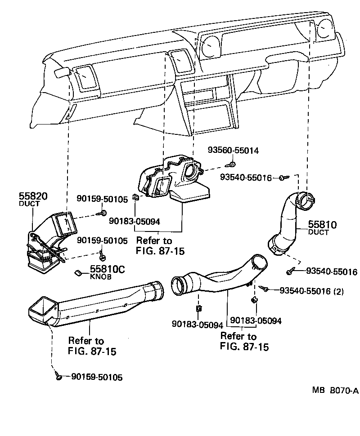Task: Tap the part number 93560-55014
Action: point(233,150)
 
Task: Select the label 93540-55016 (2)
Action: point(311,291)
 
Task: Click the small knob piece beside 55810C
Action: point(77,272)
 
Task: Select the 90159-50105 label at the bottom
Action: point(97,377)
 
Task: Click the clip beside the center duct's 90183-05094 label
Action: point(135,197)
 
